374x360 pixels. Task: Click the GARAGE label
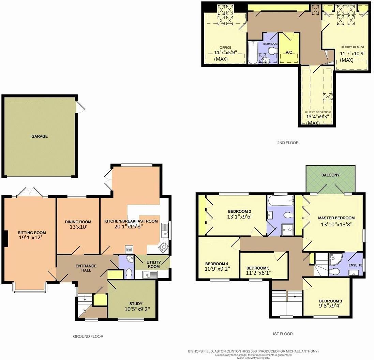[x=40, y=136]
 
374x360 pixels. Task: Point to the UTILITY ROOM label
[x=153, y=264]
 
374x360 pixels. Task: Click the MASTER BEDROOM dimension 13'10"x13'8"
[x=336, y=224]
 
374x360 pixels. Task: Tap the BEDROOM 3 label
[x=330, y=301]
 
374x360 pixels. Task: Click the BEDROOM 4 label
[x=216, y=264]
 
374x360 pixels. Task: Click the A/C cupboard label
[x=288, y=52]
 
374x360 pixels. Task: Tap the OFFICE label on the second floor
[x=225, y=48]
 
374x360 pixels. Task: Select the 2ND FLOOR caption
[x=288, y=143]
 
